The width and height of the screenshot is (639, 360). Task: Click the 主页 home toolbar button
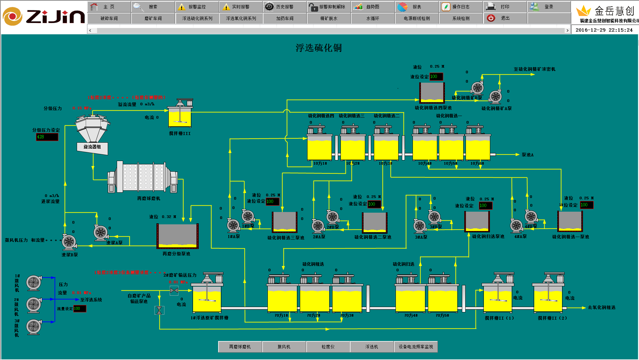(109, 7)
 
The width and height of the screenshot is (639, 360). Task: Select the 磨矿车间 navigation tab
(153, 18)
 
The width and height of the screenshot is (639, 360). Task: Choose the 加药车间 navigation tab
(285, 18)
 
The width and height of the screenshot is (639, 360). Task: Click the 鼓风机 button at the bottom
(284, 347)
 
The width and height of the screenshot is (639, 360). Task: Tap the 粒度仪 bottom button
(328, 347)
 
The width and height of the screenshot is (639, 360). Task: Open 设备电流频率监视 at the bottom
(416, 347)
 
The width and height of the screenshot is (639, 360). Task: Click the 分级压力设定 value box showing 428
(47, 137)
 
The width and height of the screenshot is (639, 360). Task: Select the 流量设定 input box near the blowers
(80, 309)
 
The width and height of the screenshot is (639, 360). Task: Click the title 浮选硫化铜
(318, 48)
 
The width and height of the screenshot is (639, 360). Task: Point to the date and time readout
(604, 30)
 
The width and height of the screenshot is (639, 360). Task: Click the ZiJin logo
(43, 17)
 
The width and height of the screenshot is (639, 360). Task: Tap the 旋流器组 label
(92, 147)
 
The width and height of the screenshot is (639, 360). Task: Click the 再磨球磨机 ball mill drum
(143, 177)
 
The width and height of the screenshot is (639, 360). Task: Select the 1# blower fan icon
(34, 283)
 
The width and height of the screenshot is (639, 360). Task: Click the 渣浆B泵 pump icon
(69, 242)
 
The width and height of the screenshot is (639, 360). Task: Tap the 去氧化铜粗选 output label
(601, 308)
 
